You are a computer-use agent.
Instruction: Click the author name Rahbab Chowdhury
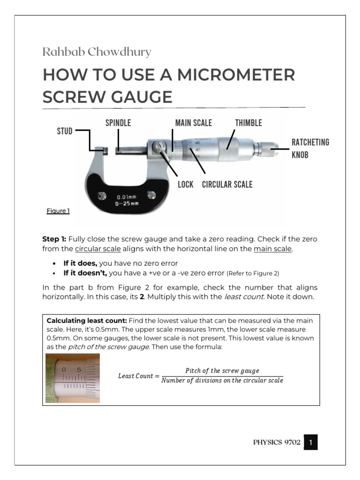(x=97, y=52)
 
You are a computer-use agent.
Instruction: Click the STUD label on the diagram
(x=65, y=131)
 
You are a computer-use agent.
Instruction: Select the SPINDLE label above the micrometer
(x=118, y=123)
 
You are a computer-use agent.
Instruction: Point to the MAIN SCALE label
(x=194, y=123)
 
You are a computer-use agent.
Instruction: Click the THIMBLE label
(x=248, y=123)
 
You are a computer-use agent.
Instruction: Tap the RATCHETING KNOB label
(x=310, y=148)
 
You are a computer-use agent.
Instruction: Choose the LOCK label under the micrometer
(x=186, y=184)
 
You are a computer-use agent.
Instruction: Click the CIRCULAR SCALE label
(x=227, y=184)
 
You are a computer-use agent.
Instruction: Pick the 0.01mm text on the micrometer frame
(x=126, y=197)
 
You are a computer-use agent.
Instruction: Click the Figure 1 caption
(x=58, y=211)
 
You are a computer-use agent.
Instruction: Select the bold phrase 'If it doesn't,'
(x=85, y=272)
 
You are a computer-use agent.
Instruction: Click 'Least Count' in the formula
(x=135, y=376)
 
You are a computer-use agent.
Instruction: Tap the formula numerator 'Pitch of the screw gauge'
(x=222, y=370)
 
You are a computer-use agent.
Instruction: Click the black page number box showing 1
(x=311, y=442)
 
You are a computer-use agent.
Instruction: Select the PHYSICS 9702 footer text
(x=277, y=442)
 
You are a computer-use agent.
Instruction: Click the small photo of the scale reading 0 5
(x=73, y=378)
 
